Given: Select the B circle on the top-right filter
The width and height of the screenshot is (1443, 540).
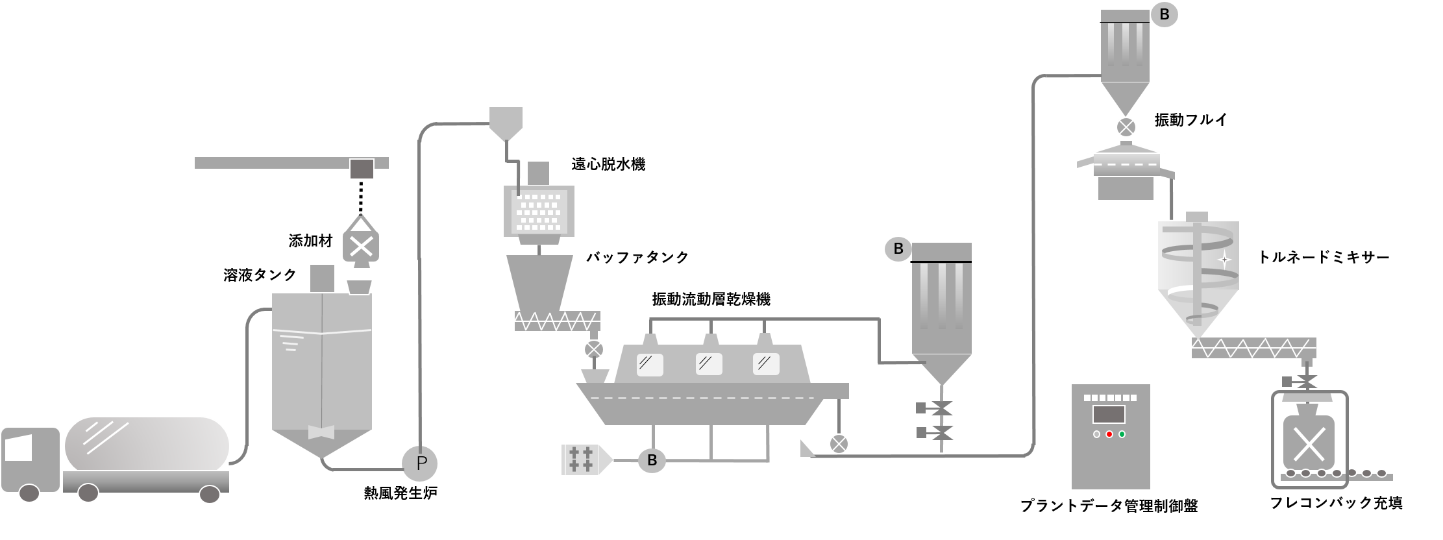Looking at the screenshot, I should pyautogui.click(x=1164, y=14).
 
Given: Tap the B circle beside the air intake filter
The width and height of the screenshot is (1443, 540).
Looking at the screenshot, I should pyautogui.click(x=652, y=460).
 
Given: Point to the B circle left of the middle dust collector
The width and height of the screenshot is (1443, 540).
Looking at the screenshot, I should pyautogui.click(x=898, y=249).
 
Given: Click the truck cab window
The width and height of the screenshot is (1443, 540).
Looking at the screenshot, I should pyautogui.click(x=18, y=448).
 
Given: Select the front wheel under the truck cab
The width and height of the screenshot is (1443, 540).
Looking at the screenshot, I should pyautogui.click(x=29, y=493).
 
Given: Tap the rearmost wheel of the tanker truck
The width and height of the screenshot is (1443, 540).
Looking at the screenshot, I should pyautogui.click(x=209, y=494).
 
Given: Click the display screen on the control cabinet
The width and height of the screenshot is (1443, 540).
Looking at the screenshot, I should pyautogui.click(x=1109, y=414).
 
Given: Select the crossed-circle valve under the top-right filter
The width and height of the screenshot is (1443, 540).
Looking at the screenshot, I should pyautogui.click(x=1126, y=127).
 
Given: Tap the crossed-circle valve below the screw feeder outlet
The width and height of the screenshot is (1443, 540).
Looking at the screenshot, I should pyautogui.click(x=593, y=350).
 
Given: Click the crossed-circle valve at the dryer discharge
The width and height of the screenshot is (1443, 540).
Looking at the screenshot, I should pyautogui.click(x=839, y=444).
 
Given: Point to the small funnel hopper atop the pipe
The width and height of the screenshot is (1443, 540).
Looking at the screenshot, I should pyautogui.click(x=506, y=123).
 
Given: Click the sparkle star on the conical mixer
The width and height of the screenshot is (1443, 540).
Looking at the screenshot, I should pyautogui.click(x=1224, y=260).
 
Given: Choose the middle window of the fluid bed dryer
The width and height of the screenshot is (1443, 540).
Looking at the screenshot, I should pyautogui.click(x=708, y=364).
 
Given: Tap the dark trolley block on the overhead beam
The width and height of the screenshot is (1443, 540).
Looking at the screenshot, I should pyautogui.click(x=362, y=169).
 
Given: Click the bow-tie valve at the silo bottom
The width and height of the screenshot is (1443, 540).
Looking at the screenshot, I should pyautogui.click(x=321, y=432).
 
